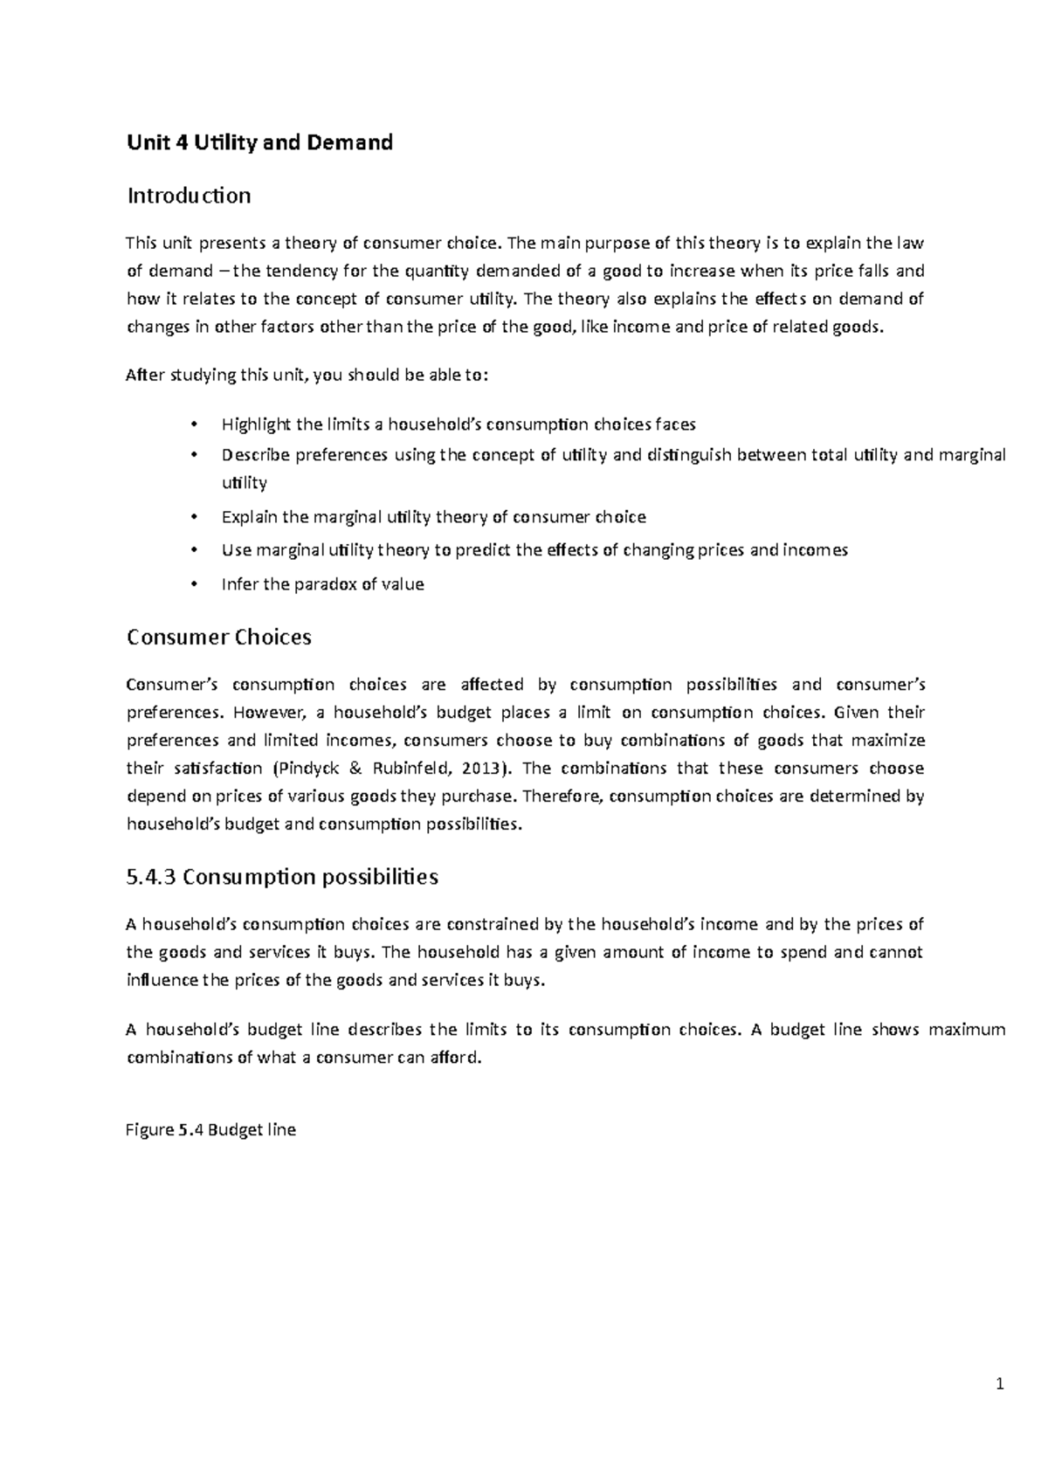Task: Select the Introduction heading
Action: pyautogui.click(x=189, y=196)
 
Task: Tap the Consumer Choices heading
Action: pyautogui.click(x=219, y=638)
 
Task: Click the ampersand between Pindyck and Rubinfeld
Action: pyautogui.click(x=357, y=769)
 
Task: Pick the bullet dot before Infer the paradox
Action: pyautogui.click(x=193, y=585)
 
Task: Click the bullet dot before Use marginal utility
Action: pyautogui.click(x=193, y=551)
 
